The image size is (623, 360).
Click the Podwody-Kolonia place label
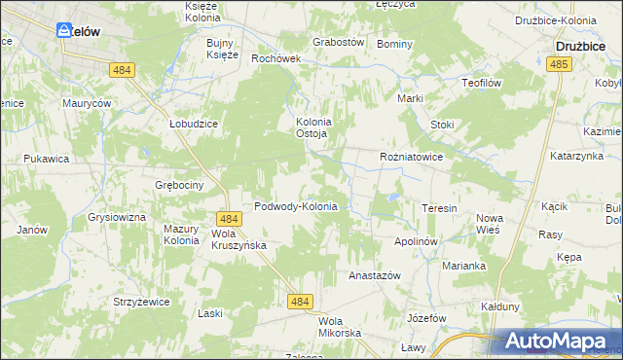(295, 207)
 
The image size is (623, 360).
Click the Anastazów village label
(375, 276)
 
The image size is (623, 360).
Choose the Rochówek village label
(277, 58)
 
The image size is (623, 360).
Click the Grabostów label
(338, 43)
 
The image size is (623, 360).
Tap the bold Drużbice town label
(583, 45)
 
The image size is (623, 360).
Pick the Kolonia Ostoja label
(314, 127)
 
